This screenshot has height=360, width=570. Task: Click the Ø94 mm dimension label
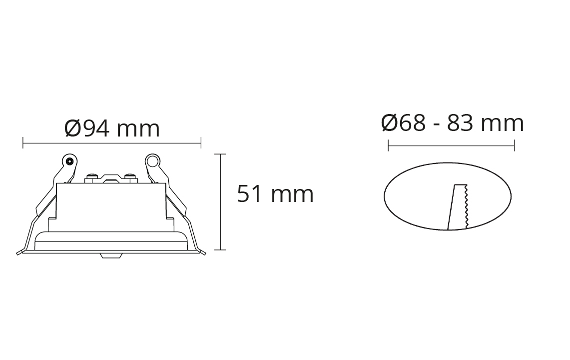tap(112, 128)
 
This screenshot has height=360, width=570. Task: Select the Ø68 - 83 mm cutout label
tap(453, 123)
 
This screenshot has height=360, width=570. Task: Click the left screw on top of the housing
tap(92, 177)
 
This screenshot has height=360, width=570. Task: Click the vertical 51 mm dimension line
tap(220, 202)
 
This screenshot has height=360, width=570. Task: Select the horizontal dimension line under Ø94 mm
tap(112, 142)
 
